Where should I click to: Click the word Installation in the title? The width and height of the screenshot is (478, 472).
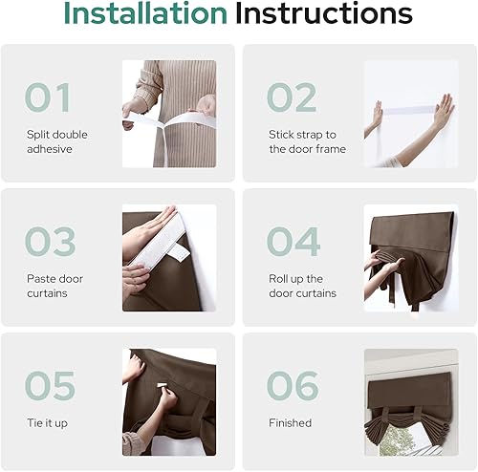coord(144,14)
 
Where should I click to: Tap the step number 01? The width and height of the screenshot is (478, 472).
coord(48,97)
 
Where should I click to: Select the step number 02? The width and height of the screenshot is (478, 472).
coord(292,97)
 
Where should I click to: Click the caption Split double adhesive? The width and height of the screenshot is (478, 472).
coord(56,142)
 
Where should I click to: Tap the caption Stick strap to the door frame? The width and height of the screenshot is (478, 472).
coord(307,142)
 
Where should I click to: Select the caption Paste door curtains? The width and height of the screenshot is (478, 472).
coord(54,286)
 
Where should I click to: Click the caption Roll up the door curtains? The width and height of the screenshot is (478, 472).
coord(302,286)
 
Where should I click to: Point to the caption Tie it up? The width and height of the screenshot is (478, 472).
coord(48,422)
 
